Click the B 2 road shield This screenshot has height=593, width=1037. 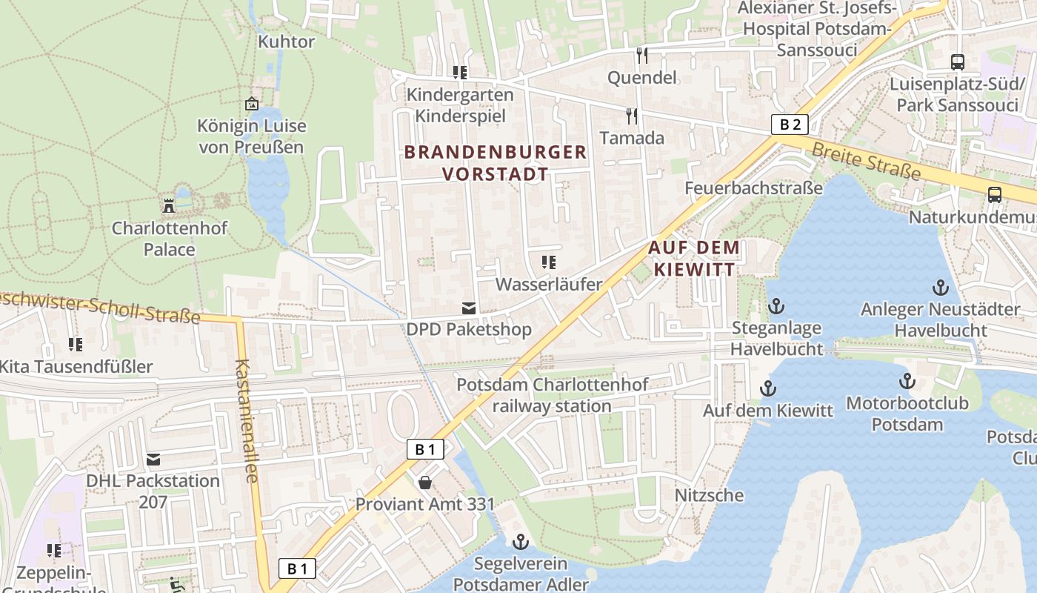pos(790,125)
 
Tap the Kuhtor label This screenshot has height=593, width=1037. pos(286,42)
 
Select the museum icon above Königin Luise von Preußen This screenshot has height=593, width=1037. pos(252,104)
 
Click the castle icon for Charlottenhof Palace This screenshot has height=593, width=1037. pos(169,205)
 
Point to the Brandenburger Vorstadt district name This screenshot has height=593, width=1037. pos(496,163)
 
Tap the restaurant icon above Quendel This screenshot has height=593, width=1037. pos(641,55)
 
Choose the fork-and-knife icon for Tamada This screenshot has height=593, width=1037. pos(632,116)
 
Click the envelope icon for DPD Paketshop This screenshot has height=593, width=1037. pos(469,308)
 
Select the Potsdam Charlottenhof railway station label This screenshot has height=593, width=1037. pos(552,395)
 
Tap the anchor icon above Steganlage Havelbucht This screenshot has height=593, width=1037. pos(776,305)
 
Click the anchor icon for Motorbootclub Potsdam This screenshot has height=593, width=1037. pos(907,381)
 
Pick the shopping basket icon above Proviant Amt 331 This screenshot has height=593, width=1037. pos(425,483)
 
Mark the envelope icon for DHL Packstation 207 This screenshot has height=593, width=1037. pos(153,460)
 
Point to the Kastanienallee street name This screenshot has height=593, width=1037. pos(246,421)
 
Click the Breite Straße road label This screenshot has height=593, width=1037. pos(866,161)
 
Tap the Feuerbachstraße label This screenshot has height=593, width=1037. pos(753,188)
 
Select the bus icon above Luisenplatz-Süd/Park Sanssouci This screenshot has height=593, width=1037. pos(957,62)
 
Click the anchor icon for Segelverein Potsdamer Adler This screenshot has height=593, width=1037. pos(521,542)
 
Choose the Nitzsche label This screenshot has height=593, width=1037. pos(709,494)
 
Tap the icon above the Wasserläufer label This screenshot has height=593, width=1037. pos(549,262)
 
